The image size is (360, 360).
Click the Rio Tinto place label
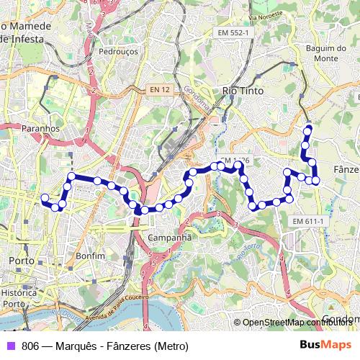[243, 91]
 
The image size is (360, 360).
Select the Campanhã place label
[169, 237]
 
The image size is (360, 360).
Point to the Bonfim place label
[90, 256]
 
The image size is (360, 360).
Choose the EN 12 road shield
[160, 89]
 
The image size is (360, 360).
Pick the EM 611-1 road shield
[309, 221]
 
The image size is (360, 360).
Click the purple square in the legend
[10, 346]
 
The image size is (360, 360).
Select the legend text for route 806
[104, 346]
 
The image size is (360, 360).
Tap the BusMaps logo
[326, 346]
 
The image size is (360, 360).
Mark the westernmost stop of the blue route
[45, 197]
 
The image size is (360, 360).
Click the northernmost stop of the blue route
[309, 128]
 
